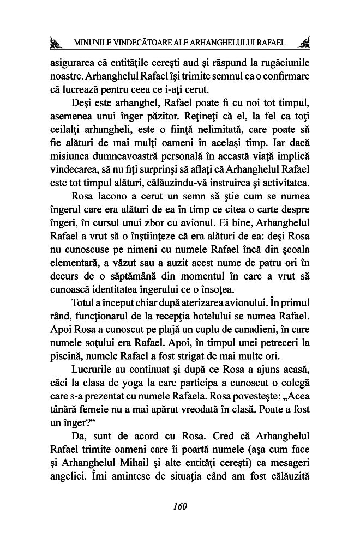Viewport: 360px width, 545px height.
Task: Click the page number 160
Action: [x=179, y=506]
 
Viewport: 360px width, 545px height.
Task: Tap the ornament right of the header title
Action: [x=305, y=43]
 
